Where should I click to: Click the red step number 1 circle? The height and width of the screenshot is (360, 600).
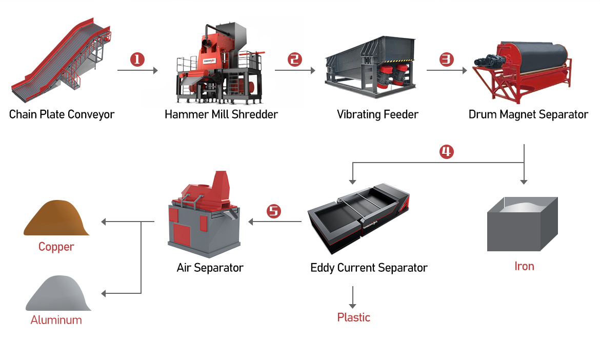point(137,59)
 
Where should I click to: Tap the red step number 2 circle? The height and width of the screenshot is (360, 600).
point(295,59)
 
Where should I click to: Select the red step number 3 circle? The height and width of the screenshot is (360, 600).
point(447,59)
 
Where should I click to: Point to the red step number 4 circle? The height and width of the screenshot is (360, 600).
point(447,152)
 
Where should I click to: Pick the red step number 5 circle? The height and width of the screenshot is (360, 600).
point(274,211)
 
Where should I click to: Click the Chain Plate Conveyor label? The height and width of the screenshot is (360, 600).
point(62,114)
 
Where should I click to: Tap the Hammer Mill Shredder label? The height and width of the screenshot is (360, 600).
point(221,114)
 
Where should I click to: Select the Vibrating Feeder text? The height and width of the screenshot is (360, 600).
point(377,114)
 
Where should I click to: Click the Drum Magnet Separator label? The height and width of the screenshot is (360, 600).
point(528,114)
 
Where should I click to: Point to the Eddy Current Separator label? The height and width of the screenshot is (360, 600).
point(369,267)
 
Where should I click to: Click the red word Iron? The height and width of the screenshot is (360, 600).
point(524,266)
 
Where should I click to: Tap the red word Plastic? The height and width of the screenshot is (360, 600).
point(353,317)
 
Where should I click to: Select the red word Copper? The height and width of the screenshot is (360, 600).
point(56,247)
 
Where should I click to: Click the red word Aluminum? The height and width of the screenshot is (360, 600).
point(56,320)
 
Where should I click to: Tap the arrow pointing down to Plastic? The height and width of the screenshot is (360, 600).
point(353,297)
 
